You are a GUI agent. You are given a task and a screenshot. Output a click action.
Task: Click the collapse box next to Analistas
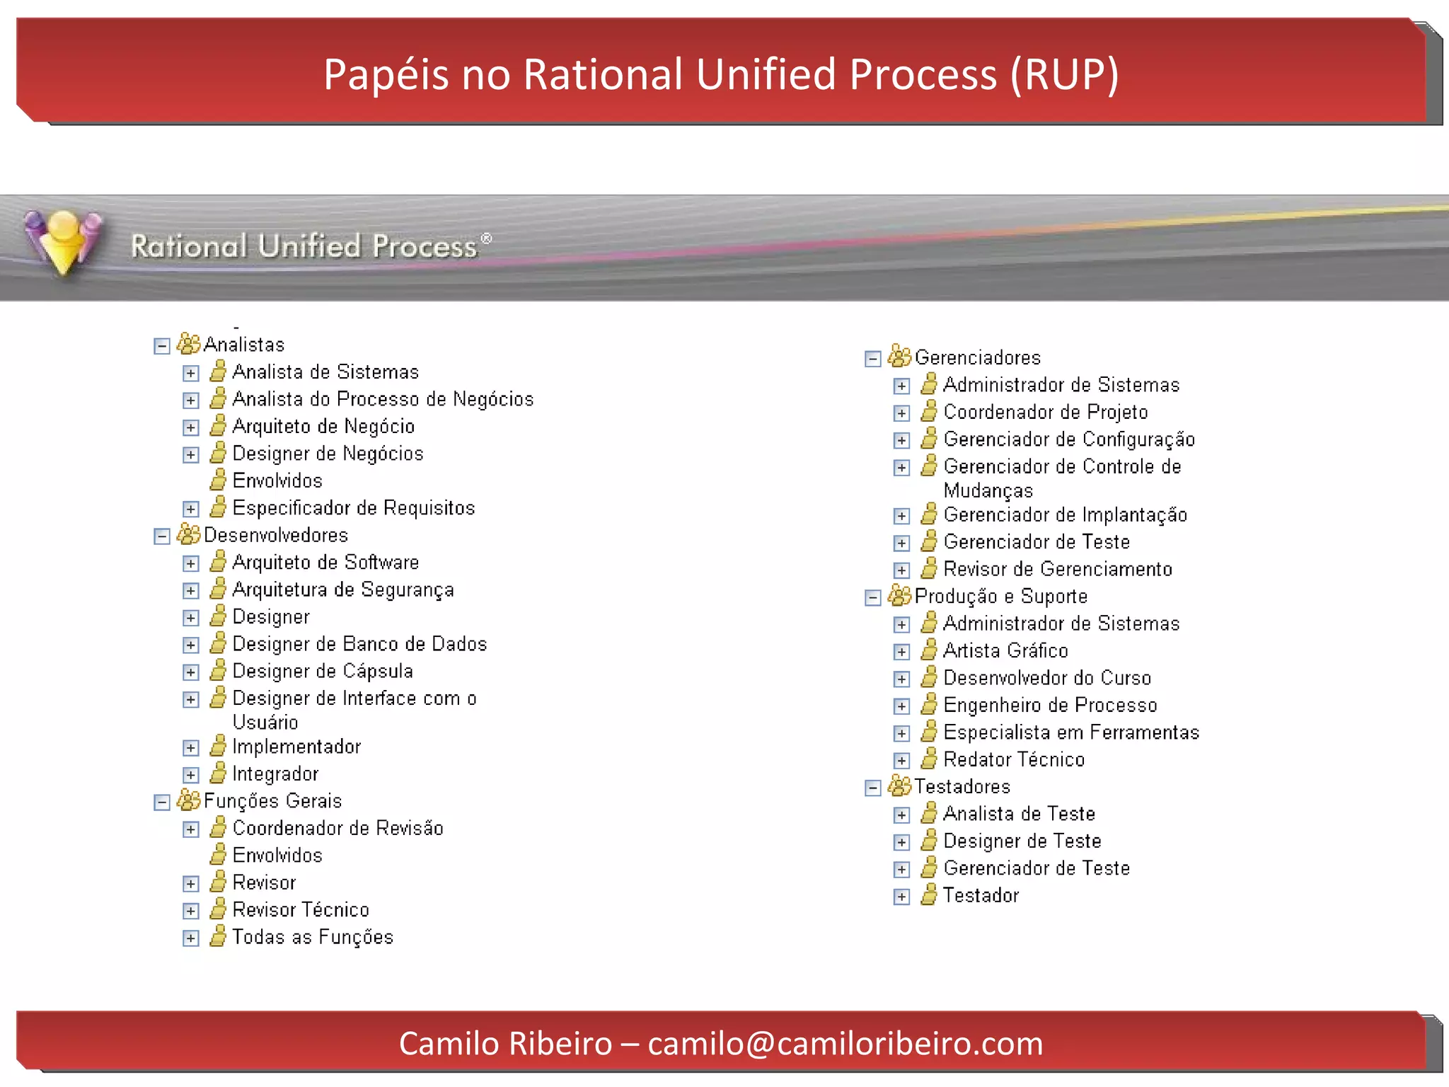coord(162,346)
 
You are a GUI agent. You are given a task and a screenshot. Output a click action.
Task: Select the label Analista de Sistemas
coord(325,372)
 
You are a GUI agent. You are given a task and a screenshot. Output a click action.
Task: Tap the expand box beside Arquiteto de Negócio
coord(191,427)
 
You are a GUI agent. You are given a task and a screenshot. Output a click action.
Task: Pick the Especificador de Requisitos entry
coord(353,508)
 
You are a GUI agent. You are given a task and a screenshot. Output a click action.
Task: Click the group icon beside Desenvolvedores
coord(188,534)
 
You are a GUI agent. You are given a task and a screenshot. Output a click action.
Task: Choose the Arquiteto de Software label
coord(325,563)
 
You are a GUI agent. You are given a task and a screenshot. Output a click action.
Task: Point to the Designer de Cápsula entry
coord(323,671)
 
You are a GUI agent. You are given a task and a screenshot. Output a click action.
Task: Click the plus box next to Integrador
coord(191,775)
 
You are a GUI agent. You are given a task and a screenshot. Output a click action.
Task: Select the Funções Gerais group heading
coord(272,801)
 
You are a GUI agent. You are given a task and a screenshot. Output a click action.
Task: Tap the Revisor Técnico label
coord(301,910)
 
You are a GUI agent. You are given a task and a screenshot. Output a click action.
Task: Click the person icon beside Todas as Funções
coord(219,936)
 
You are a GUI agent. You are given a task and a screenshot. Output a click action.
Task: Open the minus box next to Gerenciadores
coord(873,359)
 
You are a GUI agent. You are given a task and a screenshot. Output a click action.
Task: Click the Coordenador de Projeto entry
coord(1045,412)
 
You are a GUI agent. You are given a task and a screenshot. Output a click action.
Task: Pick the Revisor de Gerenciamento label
coord(1057,569)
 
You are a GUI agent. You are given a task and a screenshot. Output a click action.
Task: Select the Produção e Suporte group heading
coord(1000,597)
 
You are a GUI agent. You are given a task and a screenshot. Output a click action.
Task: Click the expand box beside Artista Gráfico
coord(901,652)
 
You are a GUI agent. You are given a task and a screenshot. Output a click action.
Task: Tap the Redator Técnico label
coord(1013,759)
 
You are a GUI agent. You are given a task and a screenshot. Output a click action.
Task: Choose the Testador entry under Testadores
coord(981,896)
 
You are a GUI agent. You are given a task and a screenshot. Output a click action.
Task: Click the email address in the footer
coord(845,1044)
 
